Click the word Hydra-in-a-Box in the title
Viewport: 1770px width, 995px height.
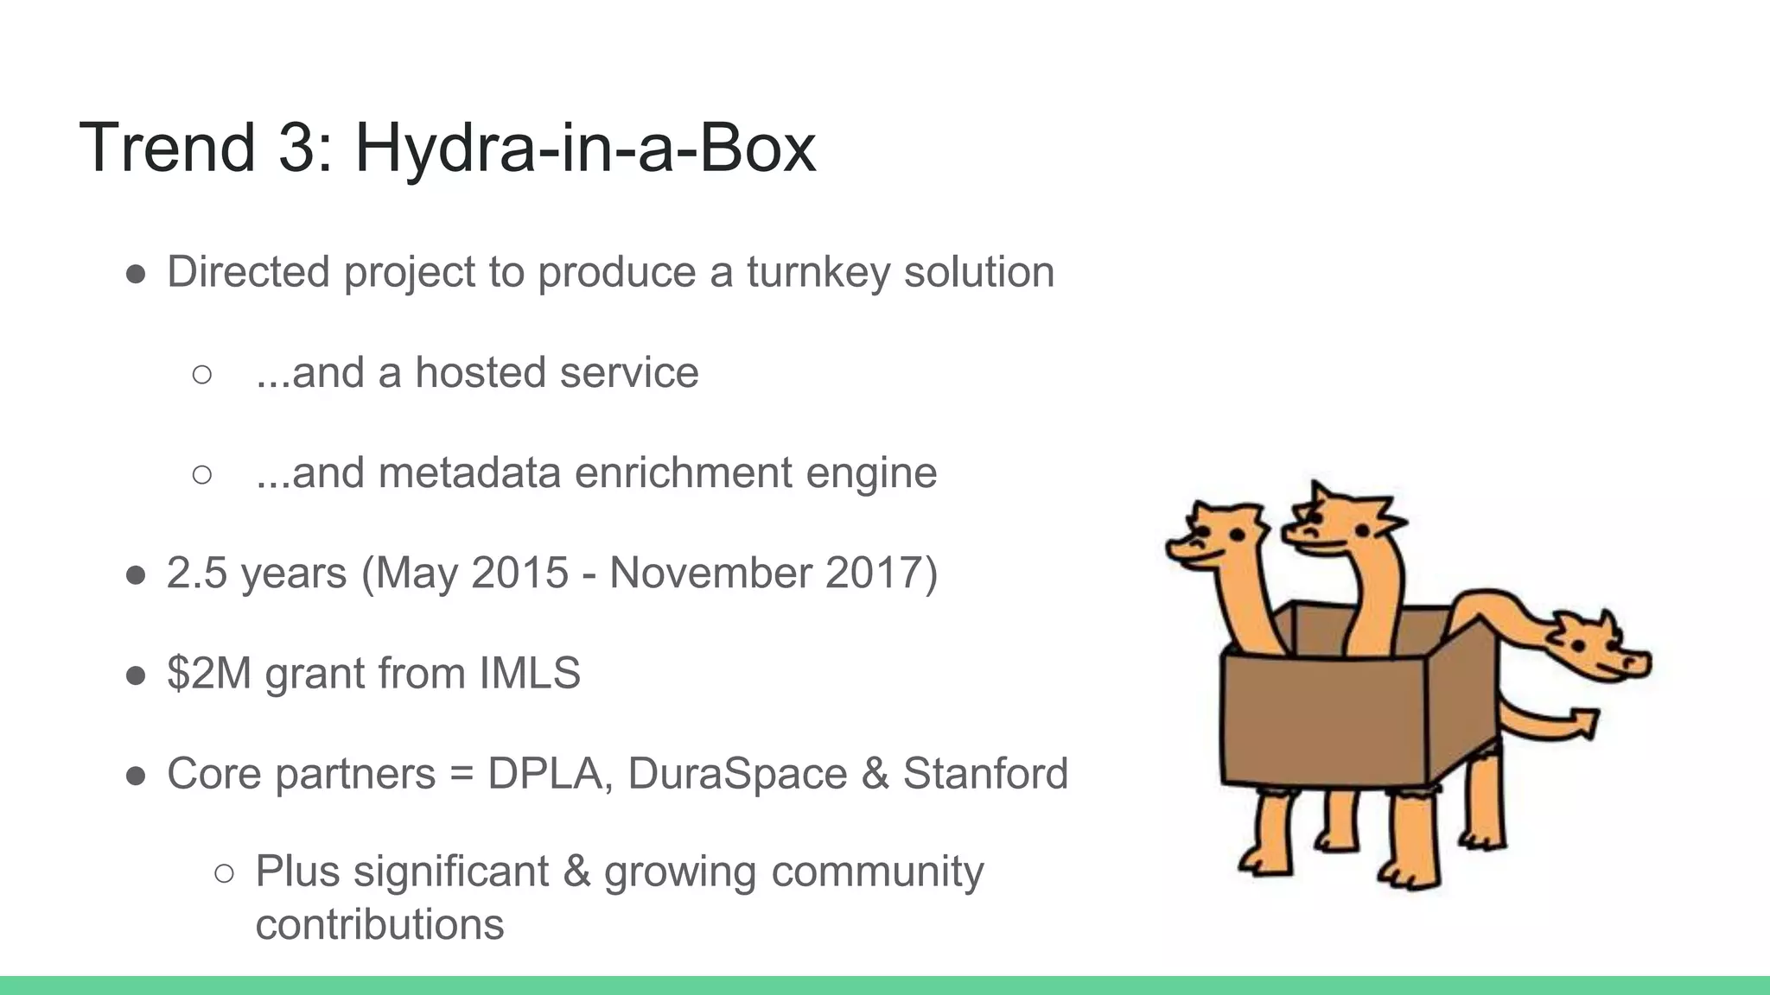click(585, 148)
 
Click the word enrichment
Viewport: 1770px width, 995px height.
click(683, 473)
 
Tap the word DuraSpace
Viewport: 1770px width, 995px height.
click(737, 774)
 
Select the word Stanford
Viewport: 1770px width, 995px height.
click(985, 774)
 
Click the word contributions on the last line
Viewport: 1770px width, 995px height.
click(379, 925)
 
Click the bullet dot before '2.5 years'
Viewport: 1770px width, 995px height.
click(136, 575)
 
